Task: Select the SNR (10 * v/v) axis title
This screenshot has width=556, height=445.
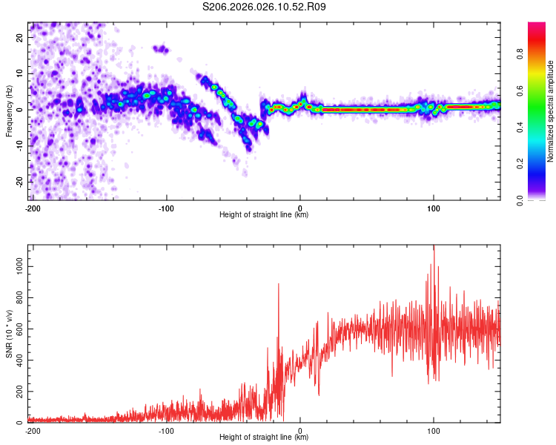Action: point(9,333)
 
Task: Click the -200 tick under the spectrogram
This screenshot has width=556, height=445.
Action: point(33,208)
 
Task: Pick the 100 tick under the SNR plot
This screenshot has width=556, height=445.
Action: point(433,430)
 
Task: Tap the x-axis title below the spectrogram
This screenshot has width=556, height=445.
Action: point(264,215)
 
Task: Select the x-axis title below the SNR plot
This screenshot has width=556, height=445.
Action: point(264,438)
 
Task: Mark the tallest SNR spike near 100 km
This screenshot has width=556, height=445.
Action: point(434,249)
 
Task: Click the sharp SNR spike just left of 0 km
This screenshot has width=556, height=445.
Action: point(279,285)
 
